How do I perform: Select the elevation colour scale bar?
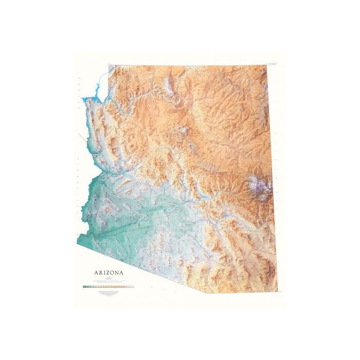click(107, 285)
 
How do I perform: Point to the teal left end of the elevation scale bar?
click(84, 285)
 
